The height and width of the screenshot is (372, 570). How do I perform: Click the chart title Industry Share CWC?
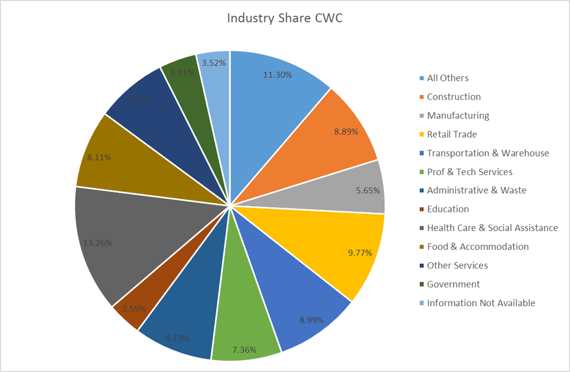point(285,19)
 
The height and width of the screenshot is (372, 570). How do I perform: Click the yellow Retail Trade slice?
point(335,242)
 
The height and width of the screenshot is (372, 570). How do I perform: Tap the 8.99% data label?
point(311,319)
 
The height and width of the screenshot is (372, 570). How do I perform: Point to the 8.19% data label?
point(177,338)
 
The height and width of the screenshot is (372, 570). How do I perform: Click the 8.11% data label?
point(99,157)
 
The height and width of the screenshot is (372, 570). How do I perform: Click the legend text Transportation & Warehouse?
point(488,153)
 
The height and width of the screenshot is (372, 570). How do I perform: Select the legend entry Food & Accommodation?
point(477,247)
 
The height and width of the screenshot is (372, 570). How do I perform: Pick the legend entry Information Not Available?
point(481,303)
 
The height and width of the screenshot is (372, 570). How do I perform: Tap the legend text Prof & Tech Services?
point(470,172)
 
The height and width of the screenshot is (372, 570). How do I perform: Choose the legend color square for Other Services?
point(422,266)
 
